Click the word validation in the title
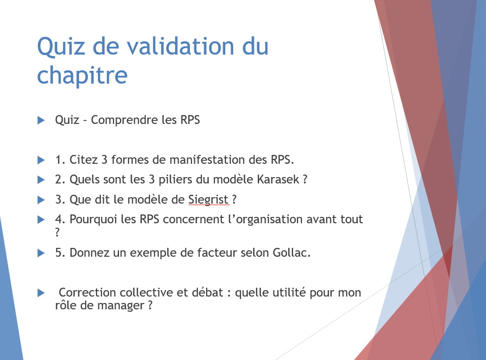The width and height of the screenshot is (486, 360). click(181, 46)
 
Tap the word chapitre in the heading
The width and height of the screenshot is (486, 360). click(82, 76)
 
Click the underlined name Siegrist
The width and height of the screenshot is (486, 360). click(208, 200)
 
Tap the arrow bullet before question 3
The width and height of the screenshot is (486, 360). click(41, 200)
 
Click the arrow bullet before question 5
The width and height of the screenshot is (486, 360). click(41, 253)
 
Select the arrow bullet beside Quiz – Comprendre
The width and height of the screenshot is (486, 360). click(41, 120)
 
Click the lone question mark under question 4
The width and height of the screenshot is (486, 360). click(58, 232)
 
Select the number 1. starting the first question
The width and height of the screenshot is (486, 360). click(60, 159)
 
